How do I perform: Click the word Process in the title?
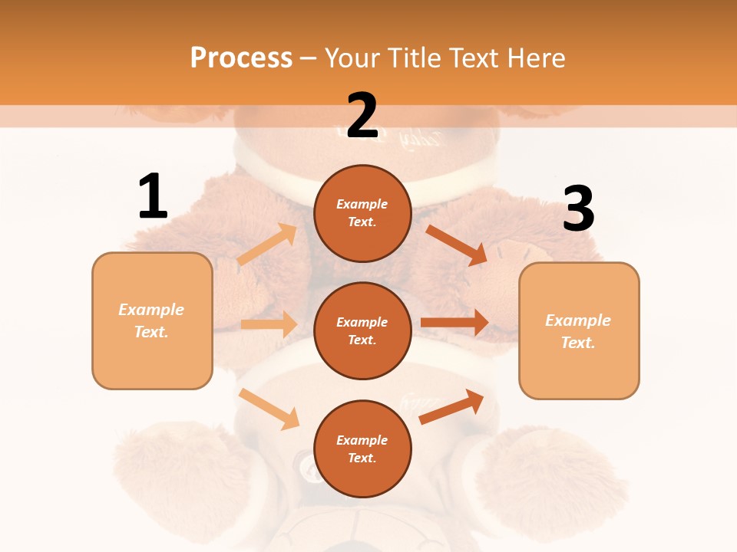coord(241,58)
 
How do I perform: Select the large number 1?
coord(153,197)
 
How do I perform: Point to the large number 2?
coord(362,117)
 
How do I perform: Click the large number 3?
coord(579,209)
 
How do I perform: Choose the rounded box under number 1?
coord(152,320)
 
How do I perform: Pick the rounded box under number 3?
coord(579,331)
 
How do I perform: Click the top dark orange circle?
coord(362,213)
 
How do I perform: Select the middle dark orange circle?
coord(362,330)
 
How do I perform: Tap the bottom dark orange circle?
coord(362,449)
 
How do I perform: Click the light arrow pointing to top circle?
coord(267,245)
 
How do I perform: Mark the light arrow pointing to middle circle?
coord(269,324)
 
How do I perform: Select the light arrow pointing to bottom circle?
coord(269,408)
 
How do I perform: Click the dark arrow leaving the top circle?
coord(457,245)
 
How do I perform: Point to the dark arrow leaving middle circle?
coord(454,323)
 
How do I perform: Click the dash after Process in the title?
coord(308,58)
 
